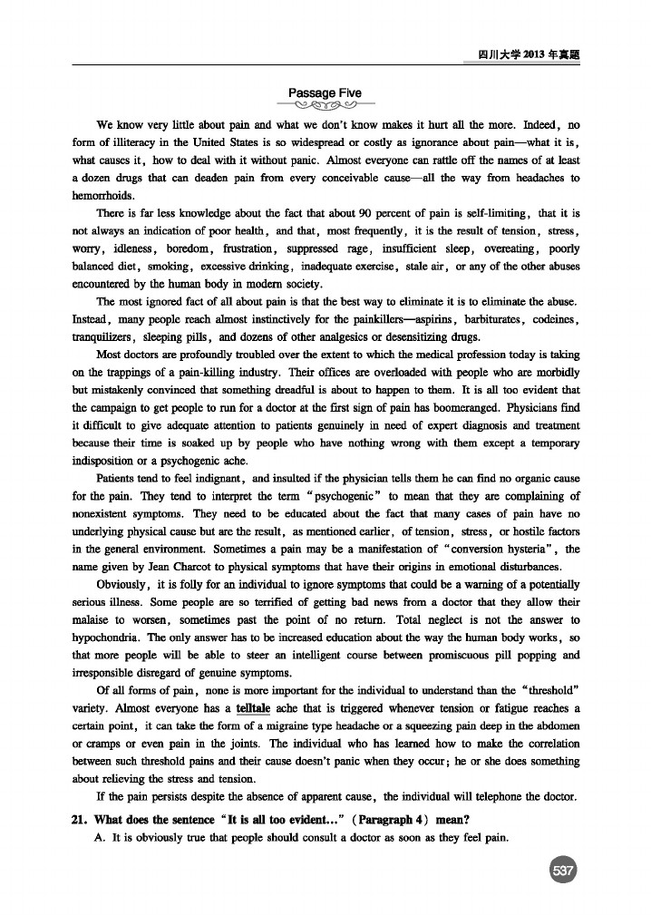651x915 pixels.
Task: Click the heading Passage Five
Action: (325, 92)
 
